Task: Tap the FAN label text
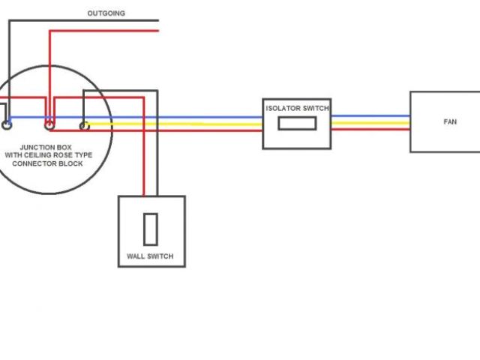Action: pos(450,121)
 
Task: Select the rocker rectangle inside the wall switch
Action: pos(151,229)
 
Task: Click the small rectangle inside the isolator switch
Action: pos(295,124)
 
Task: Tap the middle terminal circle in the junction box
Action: pos(49,124)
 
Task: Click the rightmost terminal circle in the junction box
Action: pos(84,125)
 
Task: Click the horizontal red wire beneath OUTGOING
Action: pos(105,31)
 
